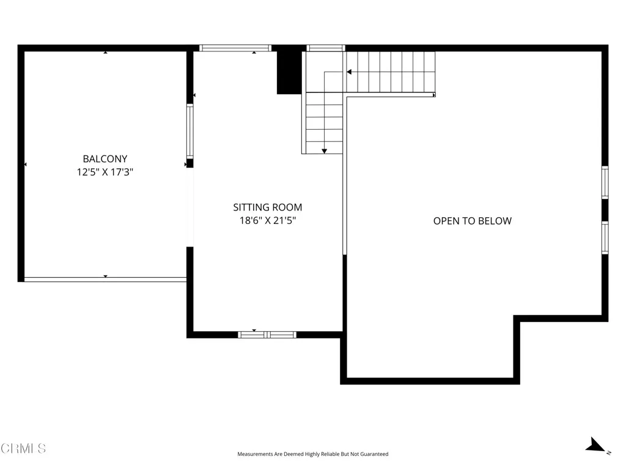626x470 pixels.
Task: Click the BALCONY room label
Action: click(105, 159)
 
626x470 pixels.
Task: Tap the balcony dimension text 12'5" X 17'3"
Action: click(105, 173)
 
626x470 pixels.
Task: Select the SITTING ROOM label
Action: click(267, 207)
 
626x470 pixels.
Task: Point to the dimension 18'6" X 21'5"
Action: click(267, 221)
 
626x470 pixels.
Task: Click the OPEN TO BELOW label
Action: click(472, 221)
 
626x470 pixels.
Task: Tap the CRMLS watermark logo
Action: click(23, 449)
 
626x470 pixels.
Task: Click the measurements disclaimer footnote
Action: click(312, 454)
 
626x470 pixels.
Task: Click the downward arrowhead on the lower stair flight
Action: click(324, 151)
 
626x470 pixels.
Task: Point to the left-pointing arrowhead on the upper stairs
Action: click(349, 72)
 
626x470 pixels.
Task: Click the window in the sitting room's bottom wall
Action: click(267, 335)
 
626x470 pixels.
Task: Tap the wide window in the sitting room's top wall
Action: click(235, 48)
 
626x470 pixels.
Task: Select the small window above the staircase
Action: click(325, 48)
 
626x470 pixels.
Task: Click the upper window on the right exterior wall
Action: click(605, 182)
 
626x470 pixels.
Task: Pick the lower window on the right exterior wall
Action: click(605, 237)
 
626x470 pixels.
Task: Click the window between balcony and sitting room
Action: click(190, 131)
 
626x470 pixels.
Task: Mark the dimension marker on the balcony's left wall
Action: click(26, 165)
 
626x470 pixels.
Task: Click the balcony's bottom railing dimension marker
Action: click(105, 277)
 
